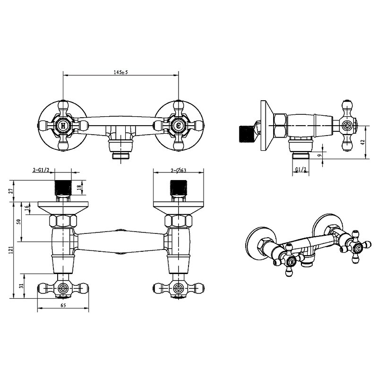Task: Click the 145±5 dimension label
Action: (121, 72)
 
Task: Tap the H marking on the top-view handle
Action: (63, 126)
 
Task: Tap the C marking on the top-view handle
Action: (179, 126)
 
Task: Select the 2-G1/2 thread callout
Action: (41, 170)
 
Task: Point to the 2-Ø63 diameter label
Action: (179, 171)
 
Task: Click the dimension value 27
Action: (10, 191)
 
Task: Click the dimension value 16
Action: (27, 207)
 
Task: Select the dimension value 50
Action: (19, 222)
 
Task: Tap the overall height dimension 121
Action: (10, 250)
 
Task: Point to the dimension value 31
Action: (21, 286)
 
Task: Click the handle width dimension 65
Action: (63, 305)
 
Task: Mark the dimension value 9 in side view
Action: (320, 155)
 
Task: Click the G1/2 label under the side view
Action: (301, 170)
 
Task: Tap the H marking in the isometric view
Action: (292, 262)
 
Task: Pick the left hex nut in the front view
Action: (63, 221)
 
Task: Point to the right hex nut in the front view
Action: (179, 221)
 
